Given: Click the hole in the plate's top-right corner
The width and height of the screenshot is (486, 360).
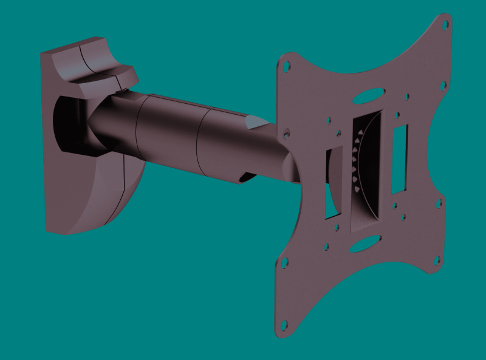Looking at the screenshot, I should [x=445, y=25].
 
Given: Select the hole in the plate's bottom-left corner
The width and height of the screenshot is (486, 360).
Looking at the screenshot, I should [x=283, y=263].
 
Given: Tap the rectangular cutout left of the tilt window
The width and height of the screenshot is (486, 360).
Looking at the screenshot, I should [x=333, y=182].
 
